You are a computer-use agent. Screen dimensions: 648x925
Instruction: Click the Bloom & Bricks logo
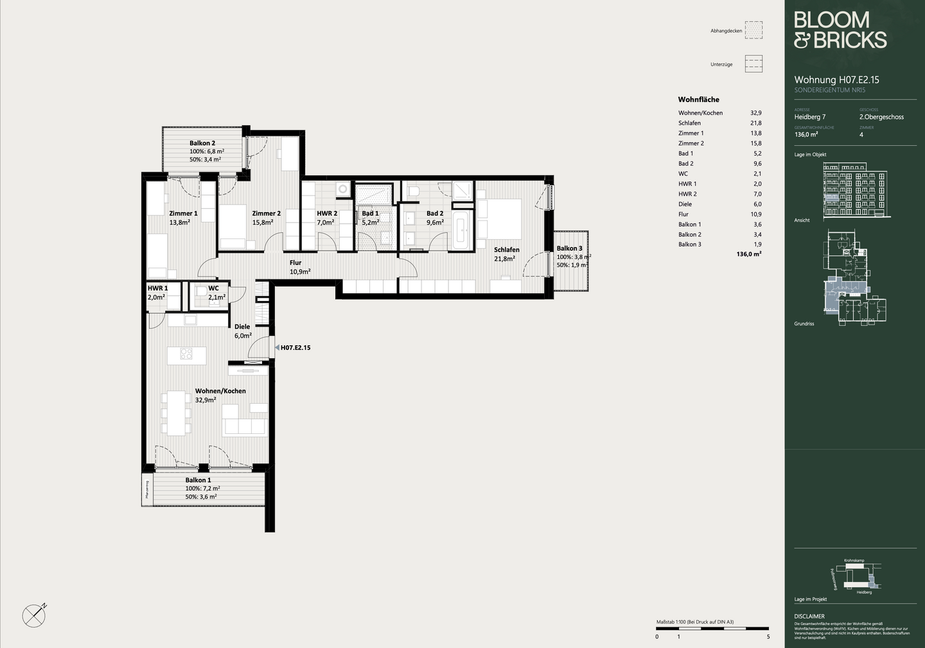[840, 30]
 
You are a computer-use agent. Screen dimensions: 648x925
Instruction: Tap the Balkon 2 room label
[202, 143]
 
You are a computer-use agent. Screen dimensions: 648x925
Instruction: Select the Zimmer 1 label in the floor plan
[183, 213]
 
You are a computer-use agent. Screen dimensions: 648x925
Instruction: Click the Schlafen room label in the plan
[506, 250]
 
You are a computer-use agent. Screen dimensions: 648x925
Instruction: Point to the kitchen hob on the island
[186, 354]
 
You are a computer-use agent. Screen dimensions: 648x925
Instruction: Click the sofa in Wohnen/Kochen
[244, 424]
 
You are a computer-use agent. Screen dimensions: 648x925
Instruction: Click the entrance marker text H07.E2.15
[295, 348]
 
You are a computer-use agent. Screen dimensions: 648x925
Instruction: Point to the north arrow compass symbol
[34, 616]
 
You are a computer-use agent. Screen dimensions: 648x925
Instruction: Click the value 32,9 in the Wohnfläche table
[755, 113]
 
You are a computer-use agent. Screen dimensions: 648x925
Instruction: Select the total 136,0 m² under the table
[748, 255]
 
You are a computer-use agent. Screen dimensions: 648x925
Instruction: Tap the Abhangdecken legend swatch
[753, 30]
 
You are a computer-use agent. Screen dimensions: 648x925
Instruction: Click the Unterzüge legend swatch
[753, 64]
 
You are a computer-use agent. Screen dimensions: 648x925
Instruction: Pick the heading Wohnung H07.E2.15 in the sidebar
[836, 80]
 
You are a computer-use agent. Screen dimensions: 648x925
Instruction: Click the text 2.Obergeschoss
[881, 117]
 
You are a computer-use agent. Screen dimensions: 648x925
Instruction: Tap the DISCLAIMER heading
[809, 616]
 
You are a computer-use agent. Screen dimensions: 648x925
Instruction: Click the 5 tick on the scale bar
[768, 636]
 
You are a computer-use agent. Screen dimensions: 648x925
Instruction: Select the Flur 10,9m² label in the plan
[299, 267]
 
